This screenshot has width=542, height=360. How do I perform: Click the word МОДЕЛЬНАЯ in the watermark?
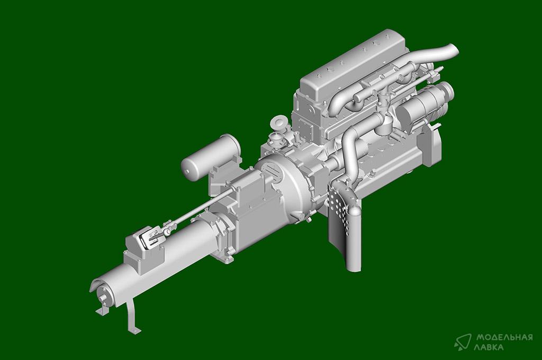[504, 337]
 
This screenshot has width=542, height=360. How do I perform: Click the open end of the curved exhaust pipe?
[454, 50]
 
